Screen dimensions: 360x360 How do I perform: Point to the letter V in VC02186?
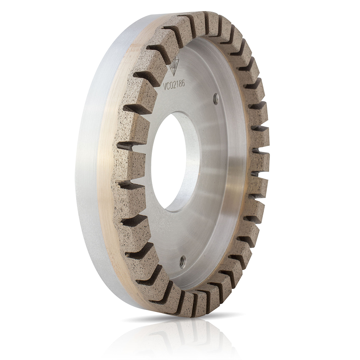click(x=165, y=88)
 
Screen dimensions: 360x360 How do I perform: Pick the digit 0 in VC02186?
click(x=172, y=86)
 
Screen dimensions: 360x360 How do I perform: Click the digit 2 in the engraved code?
click(x=175, y=85)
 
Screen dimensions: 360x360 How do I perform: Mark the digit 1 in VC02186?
click(x=178, y=85)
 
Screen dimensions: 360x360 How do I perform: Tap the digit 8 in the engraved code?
click(x=181, y=84)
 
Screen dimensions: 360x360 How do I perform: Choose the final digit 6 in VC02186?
click(x=184, y=84)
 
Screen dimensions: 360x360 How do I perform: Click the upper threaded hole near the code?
click(x=215, y=96)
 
